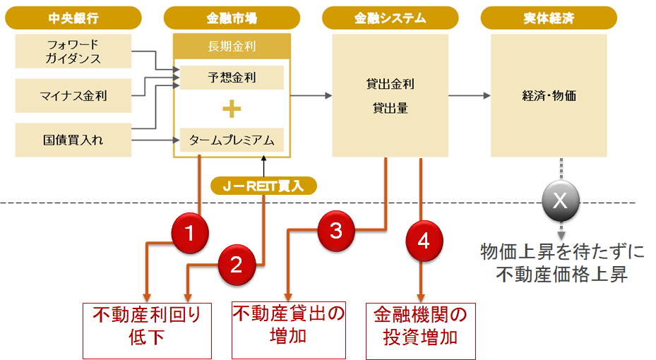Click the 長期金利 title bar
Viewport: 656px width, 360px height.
[x=231, y=47]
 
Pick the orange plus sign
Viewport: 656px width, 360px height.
[x=231, y=109]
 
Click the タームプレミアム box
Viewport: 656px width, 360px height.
[x=231, y=140]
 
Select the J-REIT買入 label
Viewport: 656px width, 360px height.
[x=263, y=186]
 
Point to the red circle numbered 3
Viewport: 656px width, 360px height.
[x=336, y=230]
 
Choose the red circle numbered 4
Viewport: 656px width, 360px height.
[x=423, y=241]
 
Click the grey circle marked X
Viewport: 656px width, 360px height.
[x=560, y=200]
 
